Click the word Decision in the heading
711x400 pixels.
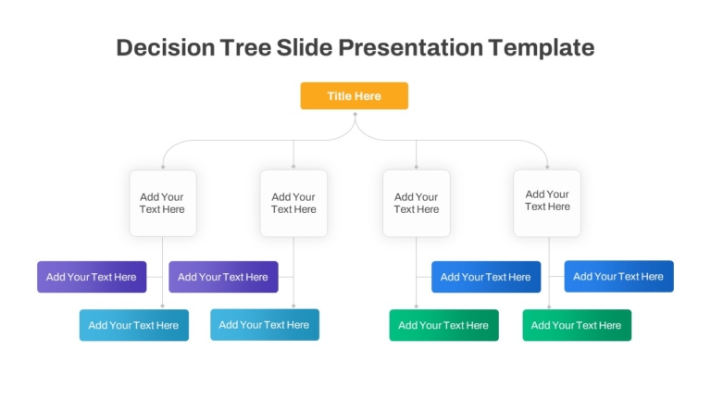click(x=166, y=47)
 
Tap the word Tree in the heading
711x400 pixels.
click(x=245, y=47)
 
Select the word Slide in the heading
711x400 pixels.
click(x=305, y=47)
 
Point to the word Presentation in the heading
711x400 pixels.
click(x=410, y=47)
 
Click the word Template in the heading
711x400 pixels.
click(x=542, y=48)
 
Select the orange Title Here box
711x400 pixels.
click(x=355, y=95)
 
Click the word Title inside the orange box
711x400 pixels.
click(x=339, y=96)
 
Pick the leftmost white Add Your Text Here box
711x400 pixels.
click(x=163, y=203)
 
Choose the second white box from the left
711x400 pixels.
click(x=293, y=203)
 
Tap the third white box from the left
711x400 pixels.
click(x=417, y=203)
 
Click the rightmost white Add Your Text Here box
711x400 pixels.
click(x=547, y=203)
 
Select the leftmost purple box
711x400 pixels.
click(x=92, y=277)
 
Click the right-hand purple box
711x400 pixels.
click(x=223, y=277)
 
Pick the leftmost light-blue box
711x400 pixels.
click(x=133, y=325)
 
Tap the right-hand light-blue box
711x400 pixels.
click(x=265, y=325)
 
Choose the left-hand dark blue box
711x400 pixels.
click(x=486, y=277)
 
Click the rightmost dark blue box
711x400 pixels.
click(x=619, y=276)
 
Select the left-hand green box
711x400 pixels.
click(x=444, y=325)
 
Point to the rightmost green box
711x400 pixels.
click(x=577, y=325)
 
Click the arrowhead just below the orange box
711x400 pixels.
click(x=355, y=114)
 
